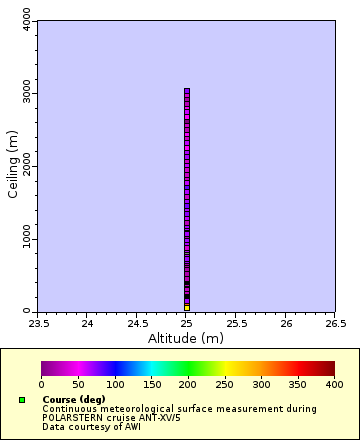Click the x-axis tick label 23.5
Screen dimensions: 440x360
[x=38, y=324]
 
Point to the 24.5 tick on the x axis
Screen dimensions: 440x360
[x=137, y=324]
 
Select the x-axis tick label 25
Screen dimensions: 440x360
[x=187, y=324]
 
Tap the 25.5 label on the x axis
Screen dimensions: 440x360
[x=236, y=324]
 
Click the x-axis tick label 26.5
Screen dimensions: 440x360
[x=335, y=324]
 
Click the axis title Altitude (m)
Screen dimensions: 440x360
[x=187, y=338]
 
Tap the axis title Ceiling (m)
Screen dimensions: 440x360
[x=13, y=166]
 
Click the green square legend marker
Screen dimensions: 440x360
[x=21, y=400]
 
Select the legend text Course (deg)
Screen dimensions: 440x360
[x=74, y=399]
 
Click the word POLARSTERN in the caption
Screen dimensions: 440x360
[x=68, y=417]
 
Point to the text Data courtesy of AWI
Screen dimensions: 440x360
[x=91, y=426]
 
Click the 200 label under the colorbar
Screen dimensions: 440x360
[x=188, y=384]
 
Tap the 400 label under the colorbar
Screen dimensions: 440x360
[x=334, y=384]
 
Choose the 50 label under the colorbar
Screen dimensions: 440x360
[x=78, y=384]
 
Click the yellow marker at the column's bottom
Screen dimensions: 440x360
[x=187, y=307]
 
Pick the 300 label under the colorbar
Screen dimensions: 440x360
[x=261, y=384]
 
